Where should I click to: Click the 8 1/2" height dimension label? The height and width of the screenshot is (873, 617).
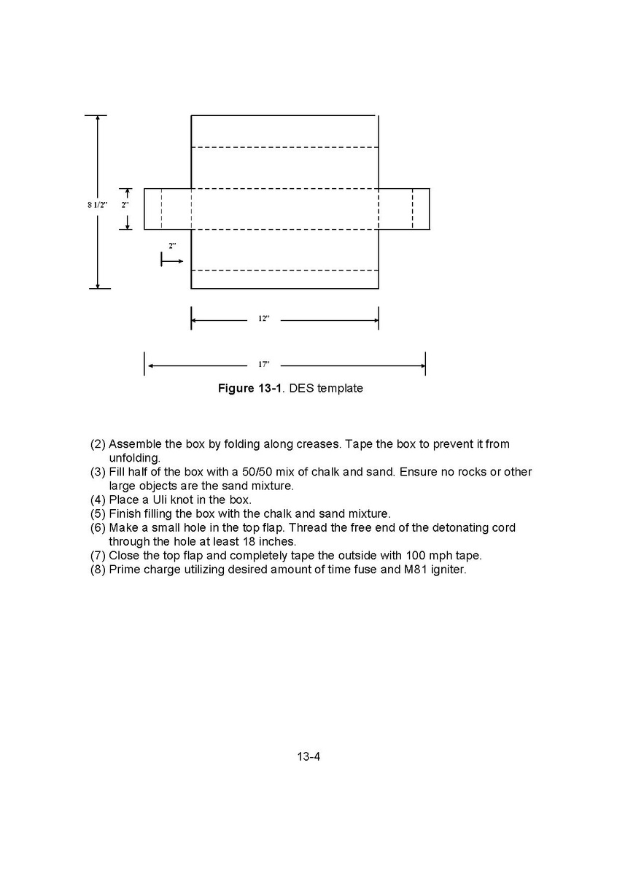(x=98, y=205)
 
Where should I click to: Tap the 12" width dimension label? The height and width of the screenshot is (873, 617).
(x=263, y=319)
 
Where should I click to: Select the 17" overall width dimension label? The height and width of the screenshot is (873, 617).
(x=263, y=364)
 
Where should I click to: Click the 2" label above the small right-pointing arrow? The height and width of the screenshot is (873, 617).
(x=172, y=246)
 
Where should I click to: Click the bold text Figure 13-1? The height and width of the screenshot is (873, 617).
(x=250, y=389)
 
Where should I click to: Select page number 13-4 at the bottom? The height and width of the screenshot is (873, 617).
(x=308, y=756)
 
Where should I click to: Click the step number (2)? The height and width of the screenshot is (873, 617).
(x=98, y=444)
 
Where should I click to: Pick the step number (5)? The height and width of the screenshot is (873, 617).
(x=98, y=513)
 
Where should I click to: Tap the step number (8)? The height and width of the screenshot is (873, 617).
(x=98, y=569)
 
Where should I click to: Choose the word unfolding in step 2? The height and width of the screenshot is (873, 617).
(x=134, y=458)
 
